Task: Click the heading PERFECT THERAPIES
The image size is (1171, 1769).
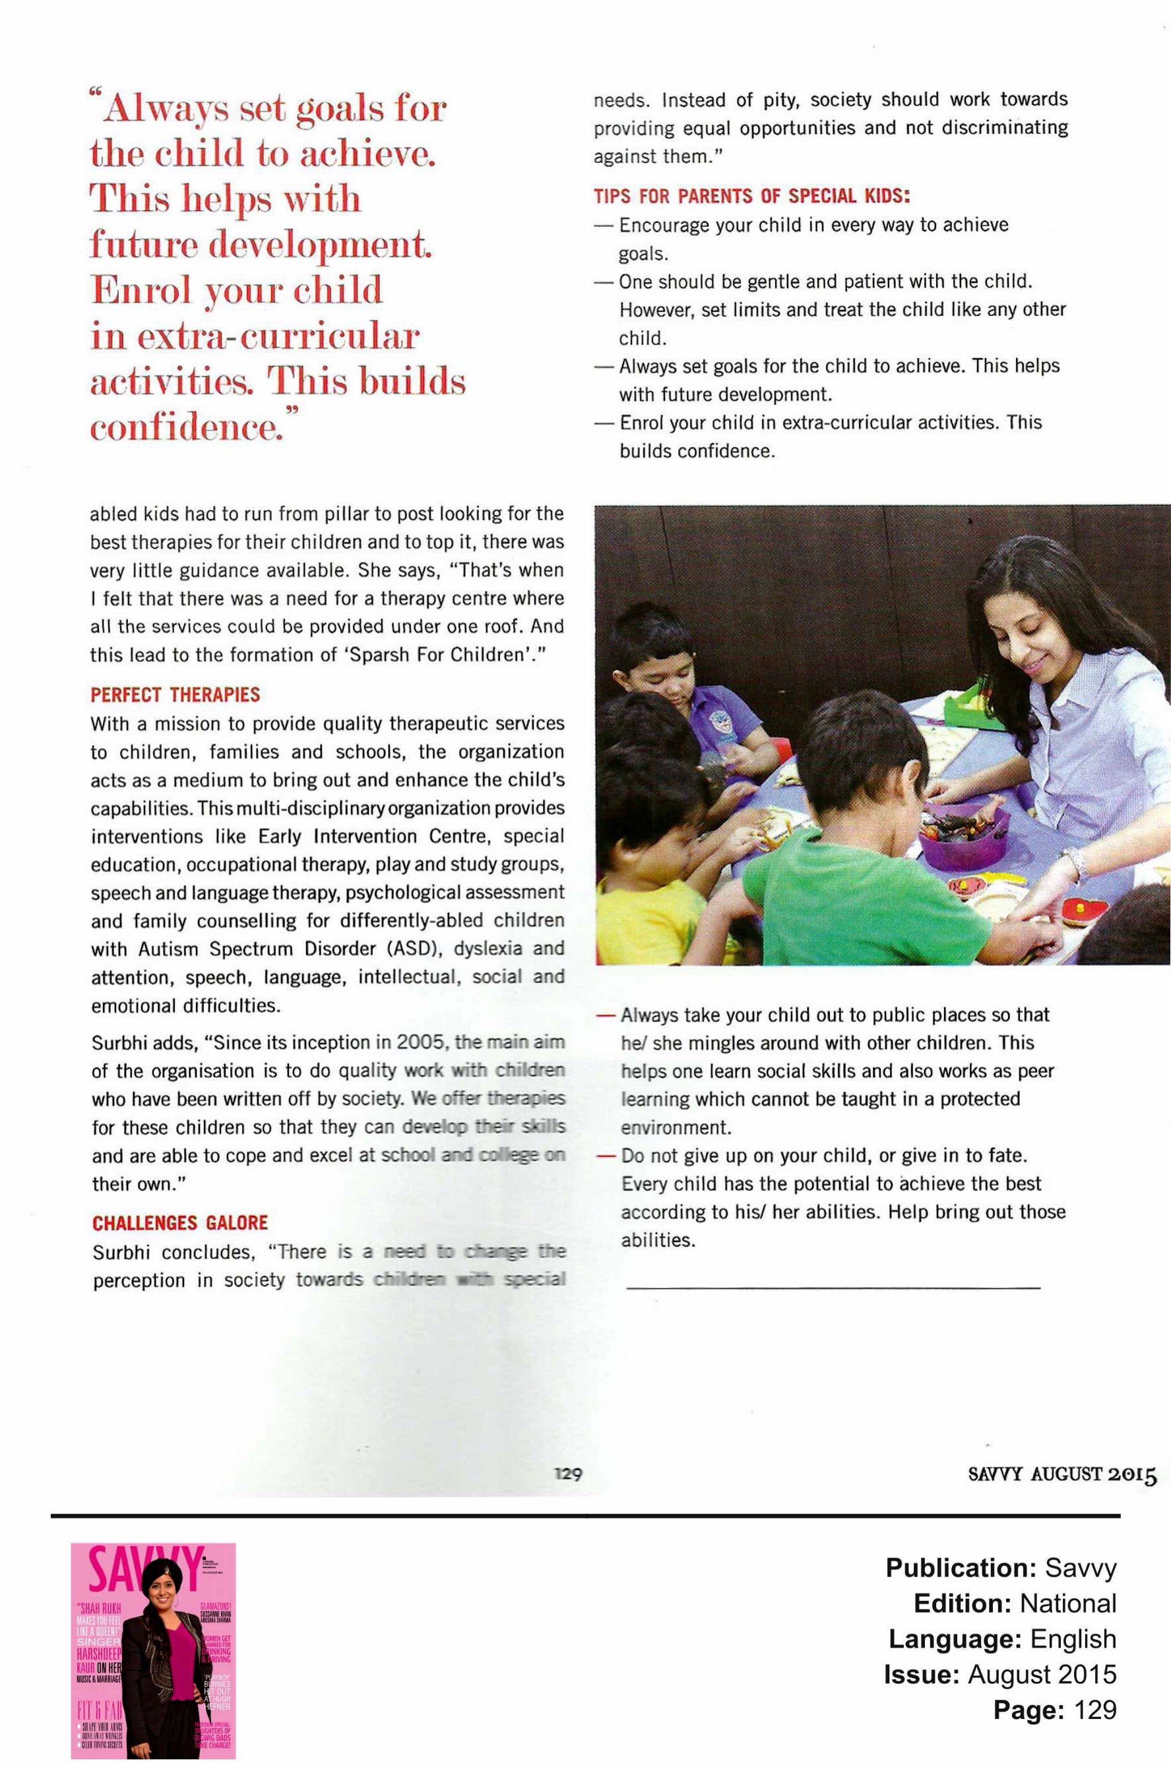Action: coord(175,695)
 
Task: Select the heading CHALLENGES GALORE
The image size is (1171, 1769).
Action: coord(180,1222)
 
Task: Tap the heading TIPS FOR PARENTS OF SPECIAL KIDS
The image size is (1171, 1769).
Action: coord(751,196)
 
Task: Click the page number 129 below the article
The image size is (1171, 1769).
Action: coord(567,1474)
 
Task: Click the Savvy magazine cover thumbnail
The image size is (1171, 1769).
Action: coord(153,1650)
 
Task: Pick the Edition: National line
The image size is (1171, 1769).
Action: coord(1015,1604)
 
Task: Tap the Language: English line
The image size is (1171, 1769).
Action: coord(1002,1639)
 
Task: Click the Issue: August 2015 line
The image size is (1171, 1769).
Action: coord(1000,1674)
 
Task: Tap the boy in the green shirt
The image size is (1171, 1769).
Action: coord(859,858)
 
